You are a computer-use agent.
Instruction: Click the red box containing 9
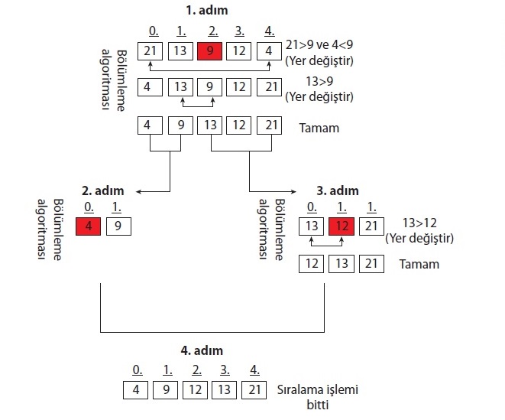point(211,51)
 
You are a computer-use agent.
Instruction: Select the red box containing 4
point(88,226)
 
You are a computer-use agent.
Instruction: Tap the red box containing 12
point(342,226)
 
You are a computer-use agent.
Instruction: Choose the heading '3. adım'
point(337,190)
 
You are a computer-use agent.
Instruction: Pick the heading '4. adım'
point(202,350)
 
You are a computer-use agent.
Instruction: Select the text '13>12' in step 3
point(419,222)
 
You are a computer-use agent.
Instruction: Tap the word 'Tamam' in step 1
point(319,128)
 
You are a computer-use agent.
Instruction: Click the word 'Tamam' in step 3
point(419,264)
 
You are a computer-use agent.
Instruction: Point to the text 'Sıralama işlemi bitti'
point(318,396)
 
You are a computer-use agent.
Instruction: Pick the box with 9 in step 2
point(118,226)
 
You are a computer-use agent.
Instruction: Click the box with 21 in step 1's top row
point(151,51)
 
